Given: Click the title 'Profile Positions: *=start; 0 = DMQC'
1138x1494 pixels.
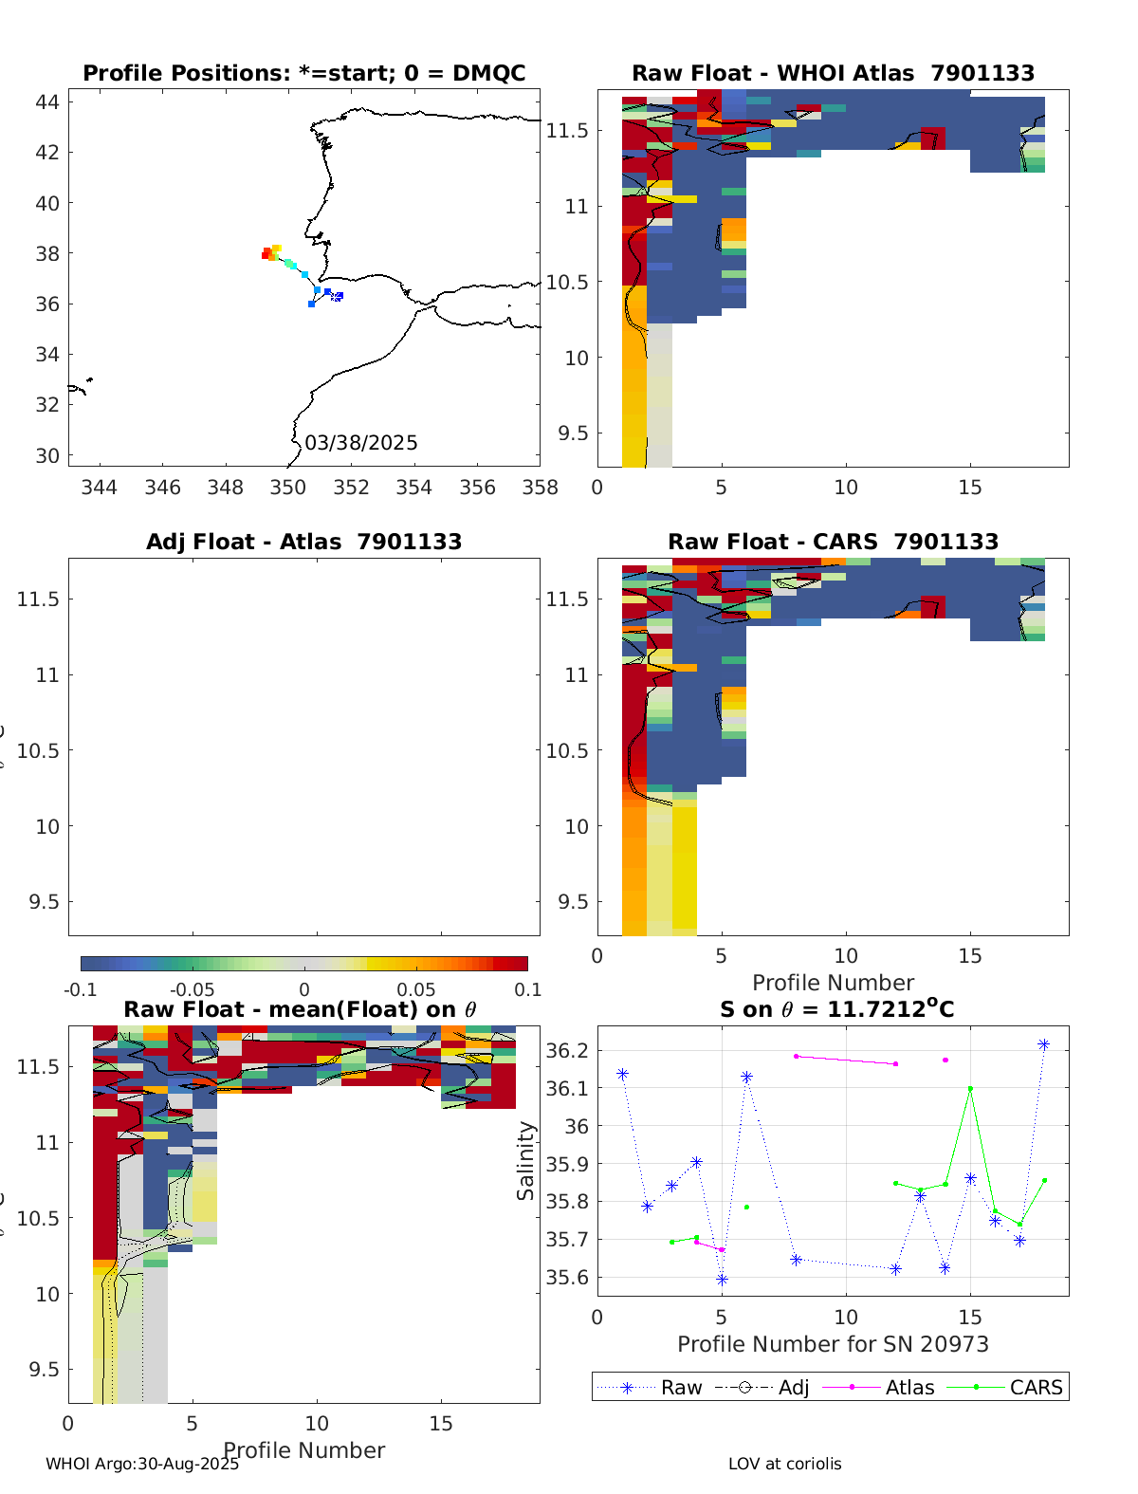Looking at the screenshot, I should [x=303, y=74].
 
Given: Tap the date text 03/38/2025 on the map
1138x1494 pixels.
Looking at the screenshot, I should [x=360, y=443].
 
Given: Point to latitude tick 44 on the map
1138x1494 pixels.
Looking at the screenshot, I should [x=47, y=102].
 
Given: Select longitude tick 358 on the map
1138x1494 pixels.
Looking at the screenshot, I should [x=540, y=488].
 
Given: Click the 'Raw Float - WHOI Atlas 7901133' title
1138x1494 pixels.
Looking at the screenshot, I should [x=833, y=74].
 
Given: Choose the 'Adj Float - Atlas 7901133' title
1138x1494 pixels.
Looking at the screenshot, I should [x=303, y=543].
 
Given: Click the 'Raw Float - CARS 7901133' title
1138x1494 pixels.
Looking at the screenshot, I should [x=833, y=543].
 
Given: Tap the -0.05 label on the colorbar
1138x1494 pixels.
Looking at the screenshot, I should [x=192, y=990].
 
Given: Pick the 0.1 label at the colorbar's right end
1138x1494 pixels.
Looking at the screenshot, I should [x=527, y=990].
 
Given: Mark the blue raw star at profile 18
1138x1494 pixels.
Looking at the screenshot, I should [x=1044, y=1044].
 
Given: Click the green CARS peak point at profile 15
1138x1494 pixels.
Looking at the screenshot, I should [x=970, y=1089].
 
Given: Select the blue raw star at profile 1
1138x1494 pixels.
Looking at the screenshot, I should [x=623, y=1074].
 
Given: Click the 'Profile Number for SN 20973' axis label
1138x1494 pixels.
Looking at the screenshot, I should [x=833, y=1345].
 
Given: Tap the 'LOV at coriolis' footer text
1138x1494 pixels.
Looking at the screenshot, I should [x=784, y=1464].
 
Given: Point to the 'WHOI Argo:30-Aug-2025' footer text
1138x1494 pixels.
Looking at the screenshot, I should [x=142, y=1464].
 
